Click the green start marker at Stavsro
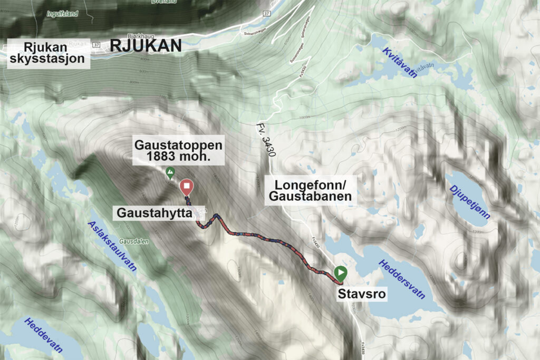(x=341, y=273)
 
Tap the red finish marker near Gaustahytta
(x=186, y=187)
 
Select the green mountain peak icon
(x=170, y=172)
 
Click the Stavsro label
(x=362, y=293)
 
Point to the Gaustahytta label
(x=153, y=213)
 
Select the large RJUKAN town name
(x=146, y=46)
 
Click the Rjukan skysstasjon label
(x=46, y=52)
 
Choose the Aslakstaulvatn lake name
(x=112, y=245)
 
